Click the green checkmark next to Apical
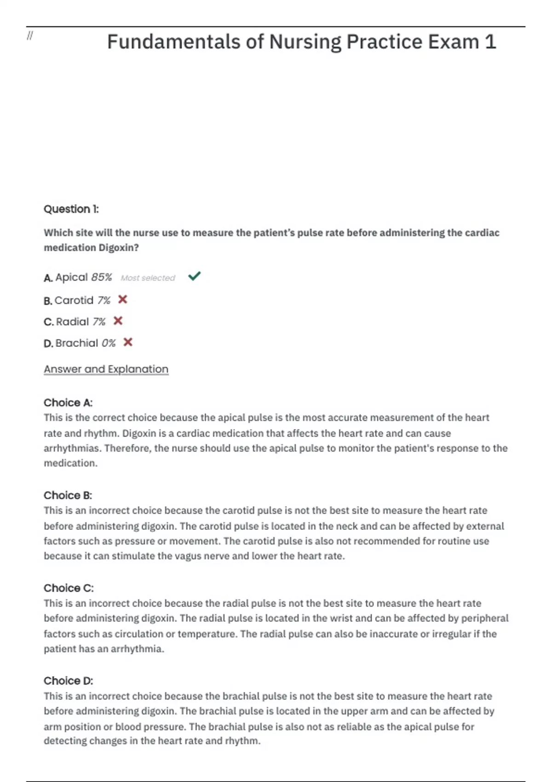194,276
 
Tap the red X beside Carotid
122,299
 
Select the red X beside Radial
118,321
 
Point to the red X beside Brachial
128,342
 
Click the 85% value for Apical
101,277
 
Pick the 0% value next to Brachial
109,343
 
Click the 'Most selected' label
148,278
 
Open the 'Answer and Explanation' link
106,369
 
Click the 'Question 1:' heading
71,209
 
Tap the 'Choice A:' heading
68,402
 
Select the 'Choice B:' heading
68,495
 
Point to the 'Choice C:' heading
69,588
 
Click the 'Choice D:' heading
68,680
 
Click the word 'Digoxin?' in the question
119,247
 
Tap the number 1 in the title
490,42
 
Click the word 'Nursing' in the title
305,42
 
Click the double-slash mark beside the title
30,36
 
